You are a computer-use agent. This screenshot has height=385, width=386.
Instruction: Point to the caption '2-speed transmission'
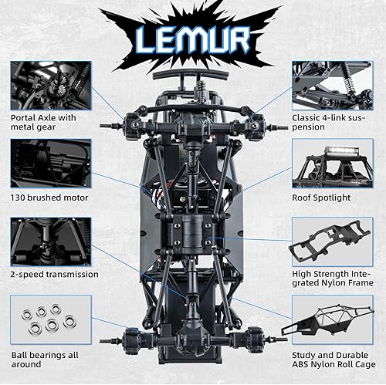coord(55,274)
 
